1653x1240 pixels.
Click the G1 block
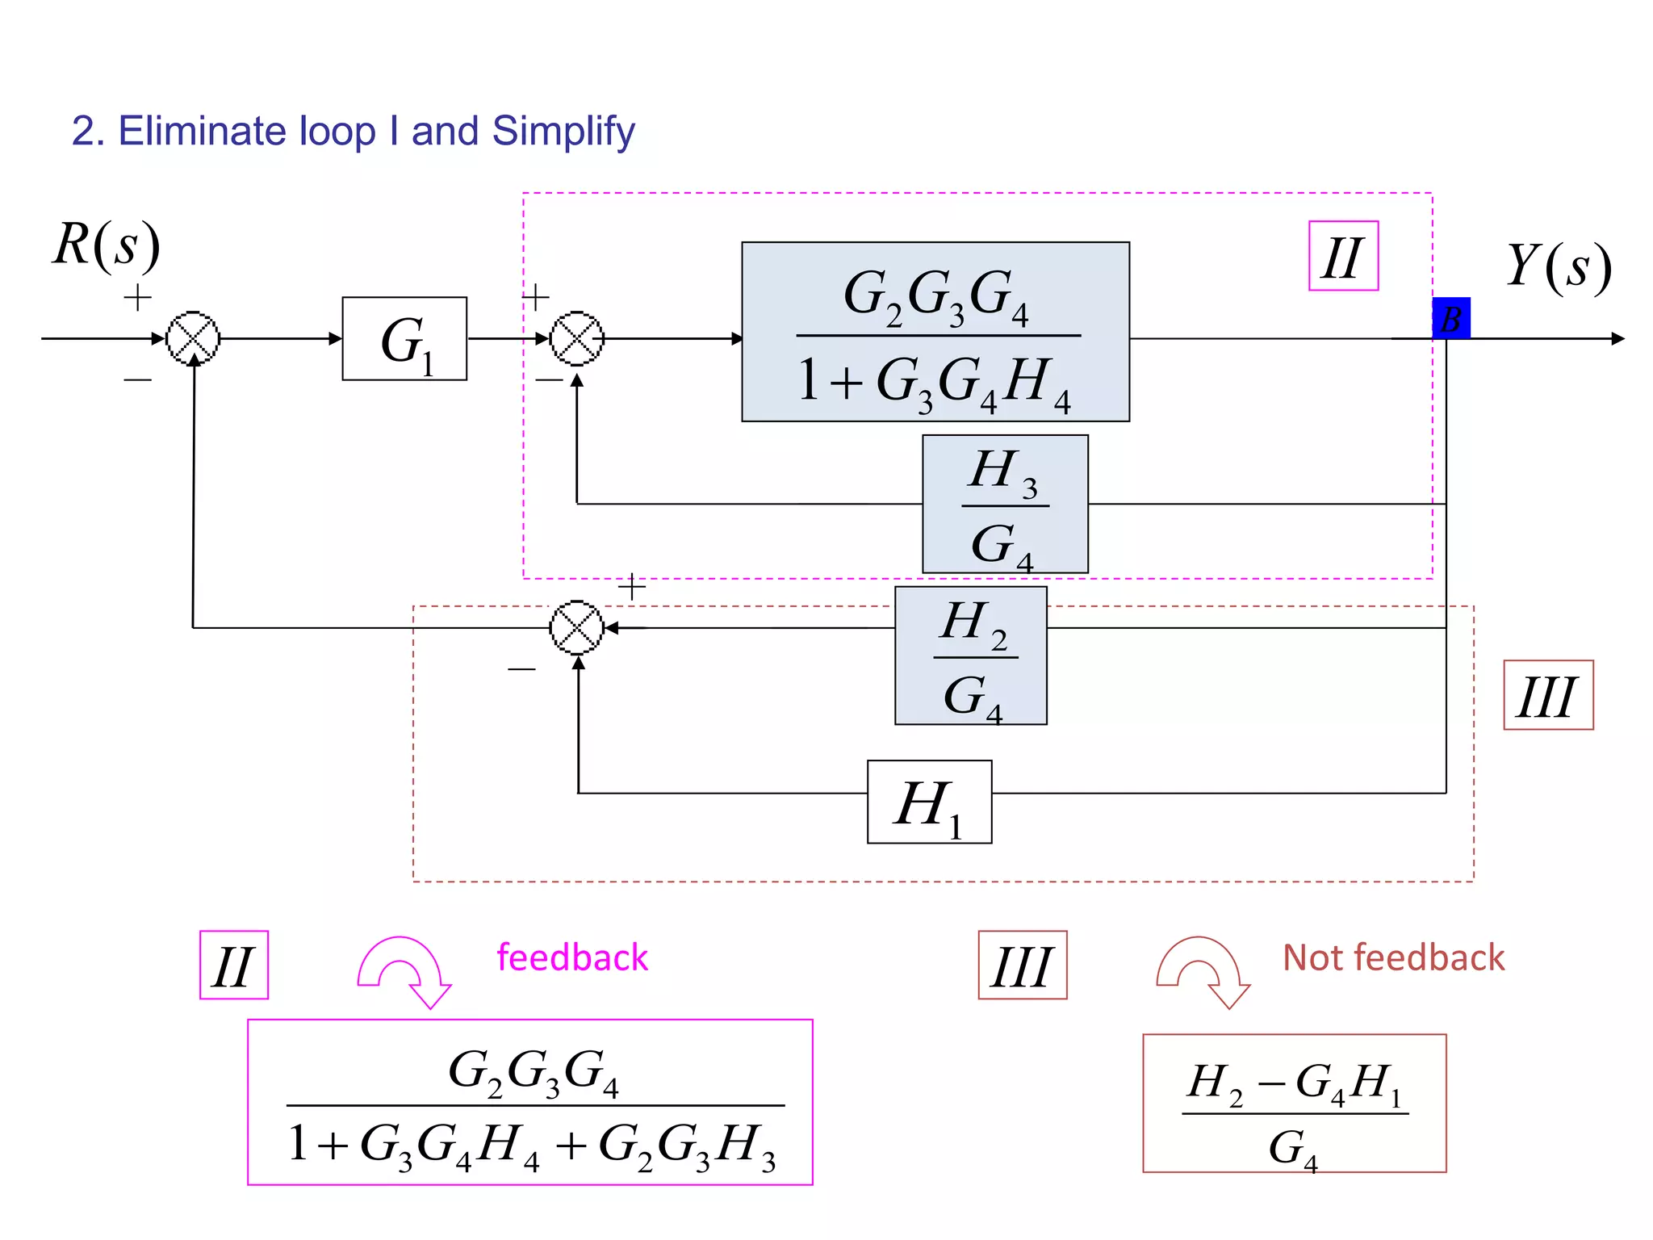404,338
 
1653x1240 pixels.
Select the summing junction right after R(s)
193,338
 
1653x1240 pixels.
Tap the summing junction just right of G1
576,338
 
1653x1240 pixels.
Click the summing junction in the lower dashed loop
576,627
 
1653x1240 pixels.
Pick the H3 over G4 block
1005,504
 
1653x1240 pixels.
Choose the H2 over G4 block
970,656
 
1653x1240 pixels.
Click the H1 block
929,802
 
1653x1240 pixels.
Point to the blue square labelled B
1450,318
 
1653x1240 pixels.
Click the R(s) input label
107,244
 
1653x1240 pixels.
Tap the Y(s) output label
1559,266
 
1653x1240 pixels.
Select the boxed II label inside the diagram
1343,256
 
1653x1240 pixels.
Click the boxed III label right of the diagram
1547,695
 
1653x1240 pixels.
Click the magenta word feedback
572,958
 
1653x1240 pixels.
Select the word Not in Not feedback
1311,958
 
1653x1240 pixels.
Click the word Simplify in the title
563,132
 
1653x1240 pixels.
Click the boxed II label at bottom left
234,965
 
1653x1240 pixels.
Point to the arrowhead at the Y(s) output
1617,338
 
